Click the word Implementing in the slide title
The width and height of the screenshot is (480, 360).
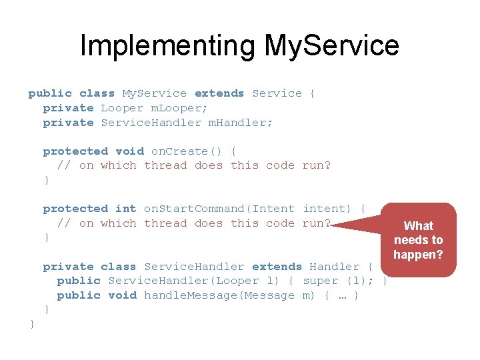[167, 45]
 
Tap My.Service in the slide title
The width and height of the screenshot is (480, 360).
[331, 45]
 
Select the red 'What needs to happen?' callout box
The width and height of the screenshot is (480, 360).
[418, 240]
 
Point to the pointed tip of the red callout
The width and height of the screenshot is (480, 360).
[333, 225]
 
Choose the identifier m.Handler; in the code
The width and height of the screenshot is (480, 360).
[241, 123]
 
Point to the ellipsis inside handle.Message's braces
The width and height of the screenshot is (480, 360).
[342, 295]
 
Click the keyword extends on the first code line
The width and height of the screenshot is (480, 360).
[219, 93]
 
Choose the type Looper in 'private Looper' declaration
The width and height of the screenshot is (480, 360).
[122, 108]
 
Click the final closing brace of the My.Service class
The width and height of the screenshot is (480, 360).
[32, 324]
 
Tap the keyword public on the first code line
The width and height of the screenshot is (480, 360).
[50, 93]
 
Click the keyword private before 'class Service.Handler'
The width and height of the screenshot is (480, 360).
[68, 267]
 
